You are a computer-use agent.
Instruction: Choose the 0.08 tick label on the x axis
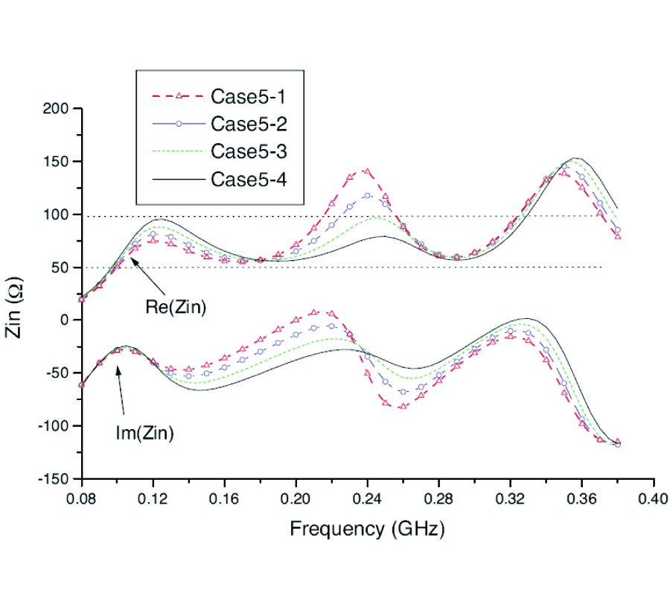pos(82,497)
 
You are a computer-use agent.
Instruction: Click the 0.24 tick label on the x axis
pos(368,497)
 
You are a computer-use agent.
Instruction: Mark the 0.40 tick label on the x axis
pos(654,497)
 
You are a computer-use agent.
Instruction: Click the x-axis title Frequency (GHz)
pos(367,530)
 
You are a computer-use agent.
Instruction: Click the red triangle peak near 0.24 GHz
pos(366,171)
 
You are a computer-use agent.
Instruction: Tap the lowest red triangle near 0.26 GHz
pos(403,407)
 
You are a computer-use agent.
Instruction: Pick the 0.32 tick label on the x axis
pos(511,497)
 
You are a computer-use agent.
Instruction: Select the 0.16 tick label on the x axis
pos(225,497)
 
